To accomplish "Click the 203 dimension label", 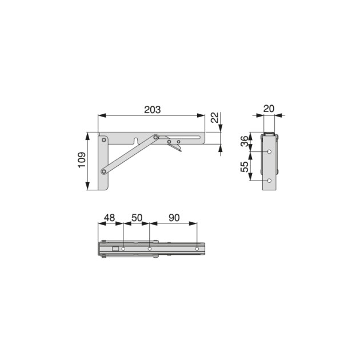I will [x=151, y=109].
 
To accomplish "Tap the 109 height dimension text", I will [x=81, y=162].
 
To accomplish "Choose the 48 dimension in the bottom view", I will [x=109, y=218].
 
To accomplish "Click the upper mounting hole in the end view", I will [x=269, y=152].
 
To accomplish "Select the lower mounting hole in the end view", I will [x=269, y=181].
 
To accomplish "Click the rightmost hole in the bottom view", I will [x=197, y=249].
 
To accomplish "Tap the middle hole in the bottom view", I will [x=149, y=249].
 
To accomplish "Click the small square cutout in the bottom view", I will [x=115, y=249].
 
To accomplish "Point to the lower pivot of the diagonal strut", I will [x=103, y=171].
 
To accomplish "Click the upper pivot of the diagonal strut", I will [x=156, y=138].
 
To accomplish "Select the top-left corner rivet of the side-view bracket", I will [x=103, y=138].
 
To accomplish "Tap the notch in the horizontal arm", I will [x=135, y=139].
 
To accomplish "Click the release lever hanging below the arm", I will [x=177, y=147].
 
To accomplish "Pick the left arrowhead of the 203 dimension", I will [x=101, y=115].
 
